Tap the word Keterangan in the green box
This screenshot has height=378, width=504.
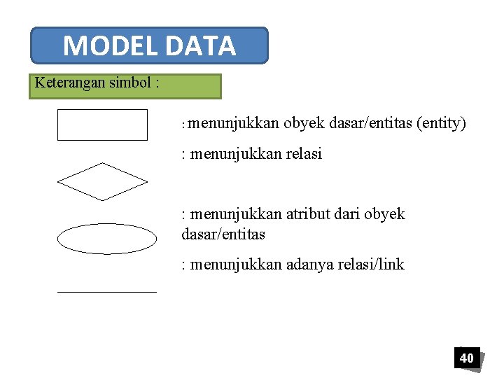(71, 83)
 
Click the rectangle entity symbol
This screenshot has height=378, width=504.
(102, 125)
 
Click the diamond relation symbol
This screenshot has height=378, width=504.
(102, 181)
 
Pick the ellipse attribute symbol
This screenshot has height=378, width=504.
(106, 239)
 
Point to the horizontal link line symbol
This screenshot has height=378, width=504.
(106, 290)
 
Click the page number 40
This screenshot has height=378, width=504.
(466, 358)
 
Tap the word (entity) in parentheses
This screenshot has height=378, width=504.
(441, 124)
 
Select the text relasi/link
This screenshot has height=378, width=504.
(370, 265)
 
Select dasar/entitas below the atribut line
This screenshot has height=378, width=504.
(223, 234)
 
